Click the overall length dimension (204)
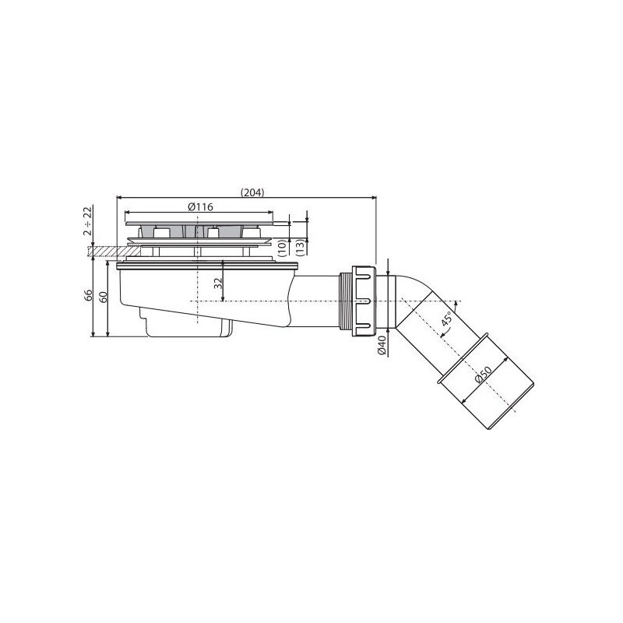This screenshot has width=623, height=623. (252, 192)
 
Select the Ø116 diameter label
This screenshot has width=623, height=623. (200, 207)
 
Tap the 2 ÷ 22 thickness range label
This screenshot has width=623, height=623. (88, 221)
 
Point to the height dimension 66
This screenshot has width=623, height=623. (88, 295)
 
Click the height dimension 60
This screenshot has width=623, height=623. (103, 297)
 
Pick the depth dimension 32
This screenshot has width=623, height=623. (217, 283)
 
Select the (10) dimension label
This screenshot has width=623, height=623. (283, 248)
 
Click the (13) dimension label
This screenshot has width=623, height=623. (302, 248)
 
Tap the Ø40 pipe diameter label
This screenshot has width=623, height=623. (382, 345)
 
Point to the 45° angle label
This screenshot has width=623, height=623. (446, 319)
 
